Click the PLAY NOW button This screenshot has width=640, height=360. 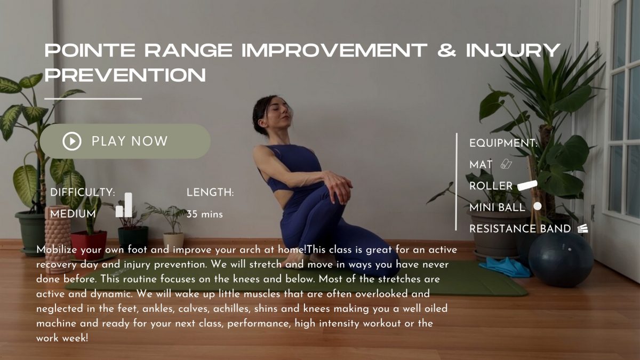pyautogui.click(x=125, y=141)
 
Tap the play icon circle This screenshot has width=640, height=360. pyautogui.click(x=72, y=141)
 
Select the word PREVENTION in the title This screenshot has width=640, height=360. pyautogui.click(x=125, y=75)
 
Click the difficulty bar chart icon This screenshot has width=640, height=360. pyautogui.click(x=124, y=205)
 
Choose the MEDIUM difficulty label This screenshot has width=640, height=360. pyautogui.click(x=73, y=214)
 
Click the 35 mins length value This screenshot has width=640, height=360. pyautogui.click(x=205, y=214)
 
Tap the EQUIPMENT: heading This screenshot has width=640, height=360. pyautogui.click(x=503, y=143)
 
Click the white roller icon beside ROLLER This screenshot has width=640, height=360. pyautogui.click(x=527, y=186)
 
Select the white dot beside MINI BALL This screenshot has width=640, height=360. pyautogui.click(x=537, y=206)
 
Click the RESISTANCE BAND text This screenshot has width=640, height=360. pyautogui.click(x=521, y=229)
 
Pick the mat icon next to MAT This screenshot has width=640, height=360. pyautogui.click(x=506, y=165)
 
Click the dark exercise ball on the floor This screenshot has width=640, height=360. pyautogui.click(x=561, y=259)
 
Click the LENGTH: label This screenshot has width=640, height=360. pyautogui.click(x=210, y=193)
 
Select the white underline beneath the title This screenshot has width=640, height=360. pyautogui.click(x=93, y=99)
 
